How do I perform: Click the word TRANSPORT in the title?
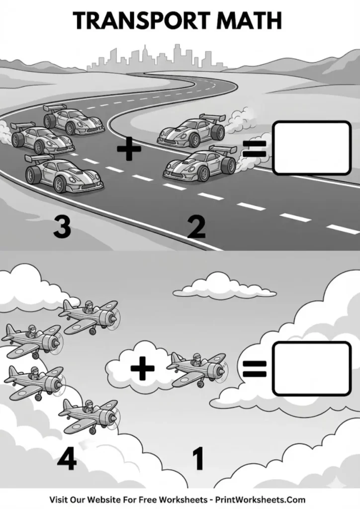[x=133, y=20]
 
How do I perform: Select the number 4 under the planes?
[x=67, y=460]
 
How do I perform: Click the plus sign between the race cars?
[x=129, y=149]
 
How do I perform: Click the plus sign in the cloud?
[x=143, y=368]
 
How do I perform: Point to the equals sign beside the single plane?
[x=255, y=368]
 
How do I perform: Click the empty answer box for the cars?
[x=312, y=148]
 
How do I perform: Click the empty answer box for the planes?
[x=312, y=368]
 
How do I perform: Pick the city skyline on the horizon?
[x=149, y=57]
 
